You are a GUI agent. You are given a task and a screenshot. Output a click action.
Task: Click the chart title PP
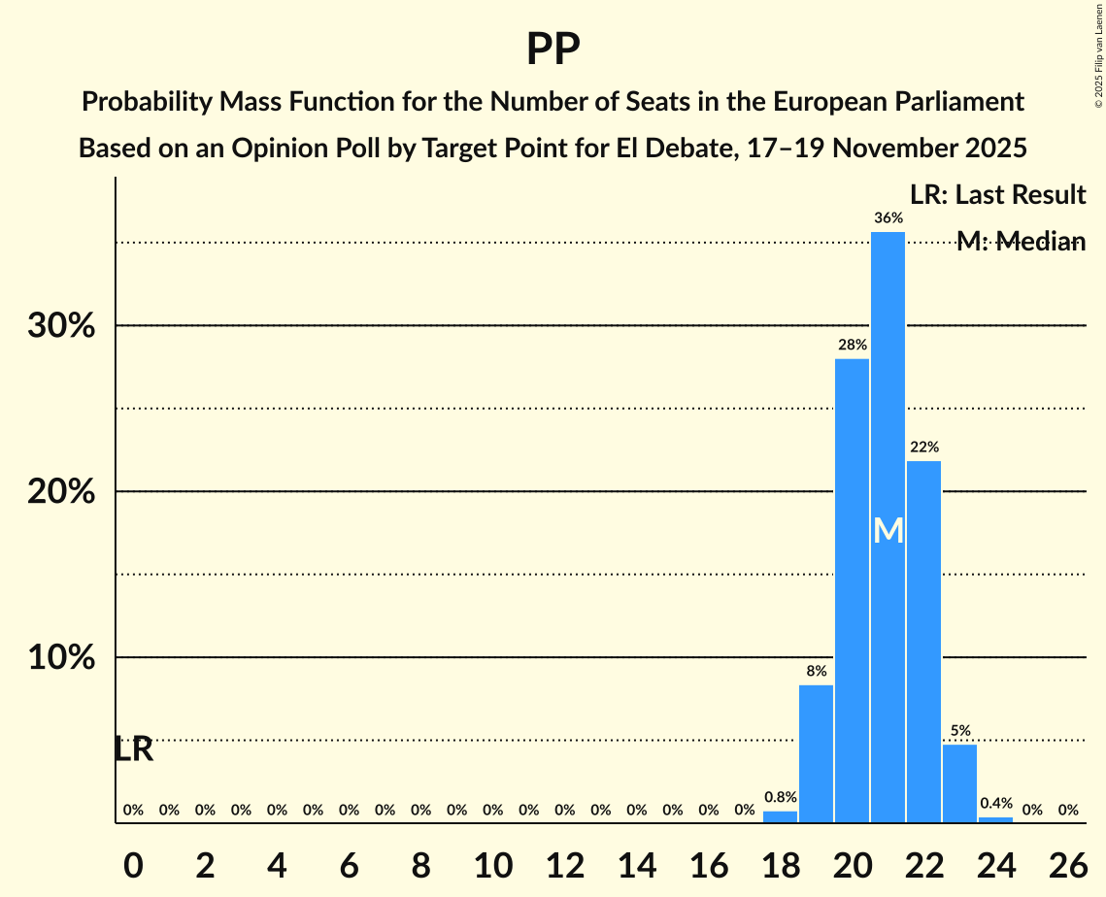553,50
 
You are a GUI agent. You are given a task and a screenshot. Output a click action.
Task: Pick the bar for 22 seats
923,641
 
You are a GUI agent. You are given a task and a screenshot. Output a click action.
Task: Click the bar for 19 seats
816,753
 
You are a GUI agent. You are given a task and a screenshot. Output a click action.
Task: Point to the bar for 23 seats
959,783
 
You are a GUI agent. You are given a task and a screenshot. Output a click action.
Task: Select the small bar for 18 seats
780,816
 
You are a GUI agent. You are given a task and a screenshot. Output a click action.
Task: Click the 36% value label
888,218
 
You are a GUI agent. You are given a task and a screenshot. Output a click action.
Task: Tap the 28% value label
852,345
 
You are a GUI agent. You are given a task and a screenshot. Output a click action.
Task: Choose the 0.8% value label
780,797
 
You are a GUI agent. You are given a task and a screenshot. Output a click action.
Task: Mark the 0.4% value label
995,803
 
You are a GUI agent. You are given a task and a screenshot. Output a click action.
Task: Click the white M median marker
888,530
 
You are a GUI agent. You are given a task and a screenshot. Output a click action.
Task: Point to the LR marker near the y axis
133,749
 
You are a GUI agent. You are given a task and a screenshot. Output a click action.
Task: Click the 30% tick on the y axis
61,326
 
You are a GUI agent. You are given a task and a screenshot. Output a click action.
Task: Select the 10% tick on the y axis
61,658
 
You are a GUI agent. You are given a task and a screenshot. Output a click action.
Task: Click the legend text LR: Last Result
997,194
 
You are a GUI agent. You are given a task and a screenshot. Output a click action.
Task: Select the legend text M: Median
1020,242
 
